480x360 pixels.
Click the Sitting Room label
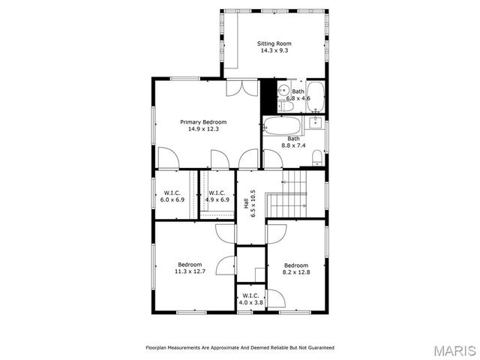(x=274, y=43)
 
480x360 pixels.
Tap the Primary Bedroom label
(x=202, y=121)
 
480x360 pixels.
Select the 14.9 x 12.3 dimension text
(x=202, y=129)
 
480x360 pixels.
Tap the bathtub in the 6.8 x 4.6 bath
(x=317, y=94)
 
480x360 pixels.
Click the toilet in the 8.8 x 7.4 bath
(x=317, y=157)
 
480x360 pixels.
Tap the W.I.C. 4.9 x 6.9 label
(x=217, y=196)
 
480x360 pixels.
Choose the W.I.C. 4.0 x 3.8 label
(x=250, y=298)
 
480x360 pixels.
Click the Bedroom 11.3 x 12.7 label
(x=190, y=268)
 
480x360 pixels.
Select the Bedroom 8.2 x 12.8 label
(x=296, y=268)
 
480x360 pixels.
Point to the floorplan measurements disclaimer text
(x=239, y=348)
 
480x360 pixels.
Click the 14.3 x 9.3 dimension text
(x=274, y=51)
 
